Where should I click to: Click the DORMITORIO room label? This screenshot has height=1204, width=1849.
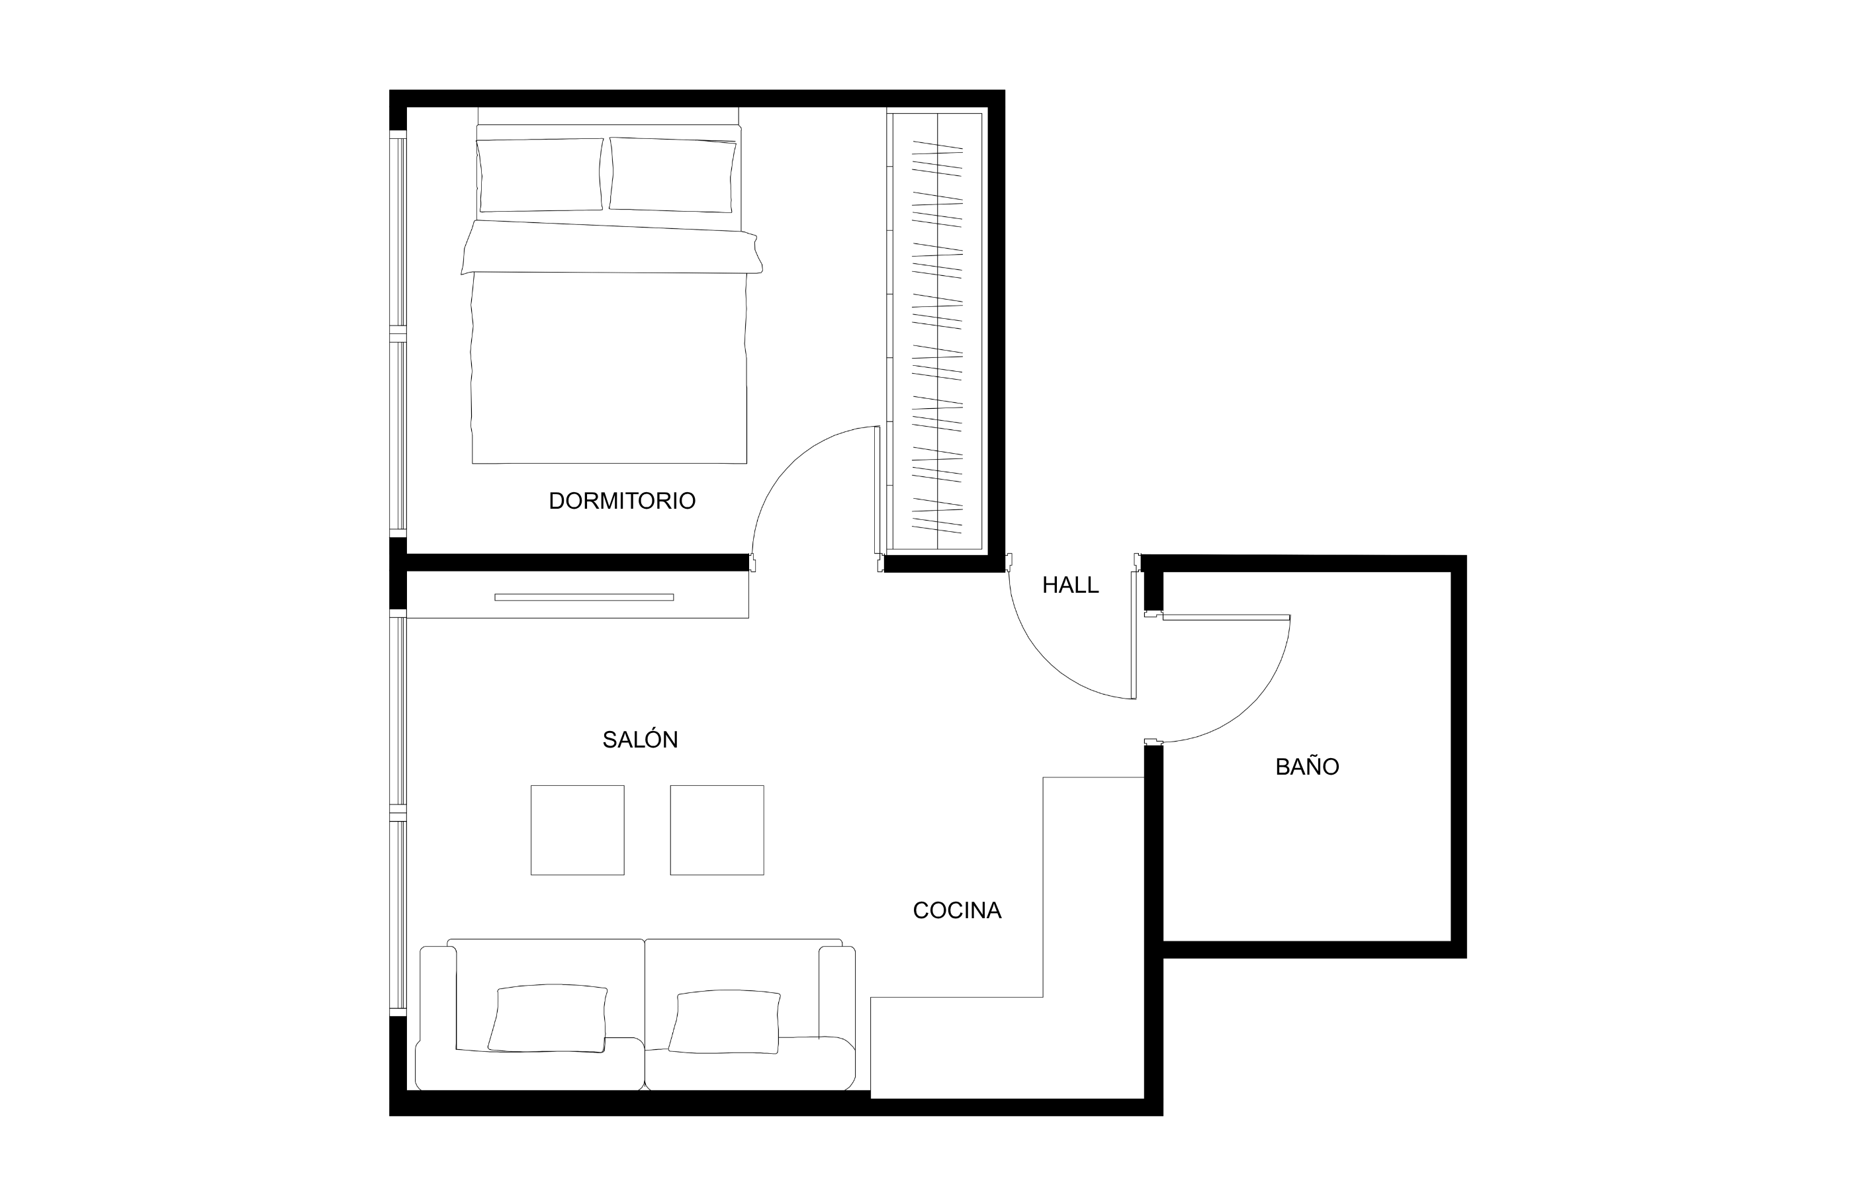pos(621,501)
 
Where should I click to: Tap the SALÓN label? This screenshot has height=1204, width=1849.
pos(640,739)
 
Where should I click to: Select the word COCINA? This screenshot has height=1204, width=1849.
pos(956,910)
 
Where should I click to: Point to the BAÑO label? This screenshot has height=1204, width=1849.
pos(1308,767)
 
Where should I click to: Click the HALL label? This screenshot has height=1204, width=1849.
pos(1070,585)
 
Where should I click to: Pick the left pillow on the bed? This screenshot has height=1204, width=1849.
pos(540,175)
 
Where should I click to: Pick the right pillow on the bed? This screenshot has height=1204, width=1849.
pos(672,175)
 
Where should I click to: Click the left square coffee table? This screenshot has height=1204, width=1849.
pos(577,830)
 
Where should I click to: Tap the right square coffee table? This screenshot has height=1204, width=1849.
pos(717,830)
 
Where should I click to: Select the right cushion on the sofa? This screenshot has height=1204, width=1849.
pos(724,1021)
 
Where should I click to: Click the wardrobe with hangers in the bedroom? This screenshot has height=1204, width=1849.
pos(937,331)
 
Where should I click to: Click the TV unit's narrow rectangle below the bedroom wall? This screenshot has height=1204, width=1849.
pos(584,597)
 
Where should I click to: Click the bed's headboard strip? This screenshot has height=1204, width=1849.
pos(608,116)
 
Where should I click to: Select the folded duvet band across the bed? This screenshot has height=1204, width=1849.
pos(611,247)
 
